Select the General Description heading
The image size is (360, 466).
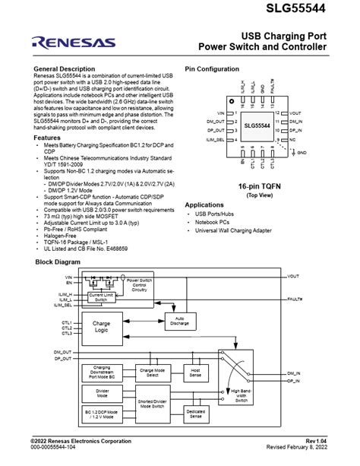coord(65,68)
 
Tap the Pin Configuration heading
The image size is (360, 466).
coord(212,68)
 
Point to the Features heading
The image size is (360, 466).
coord(48,138)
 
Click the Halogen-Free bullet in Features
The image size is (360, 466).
coord(64,236)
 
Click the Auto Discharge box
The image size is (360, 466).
coord(180,320)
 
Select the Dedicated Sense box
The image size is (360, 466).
coord(196,414)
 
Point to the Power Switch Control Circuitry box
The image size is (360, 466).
coord(137,284)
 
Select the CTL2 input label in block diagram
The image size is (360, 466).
coord(67,328)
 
